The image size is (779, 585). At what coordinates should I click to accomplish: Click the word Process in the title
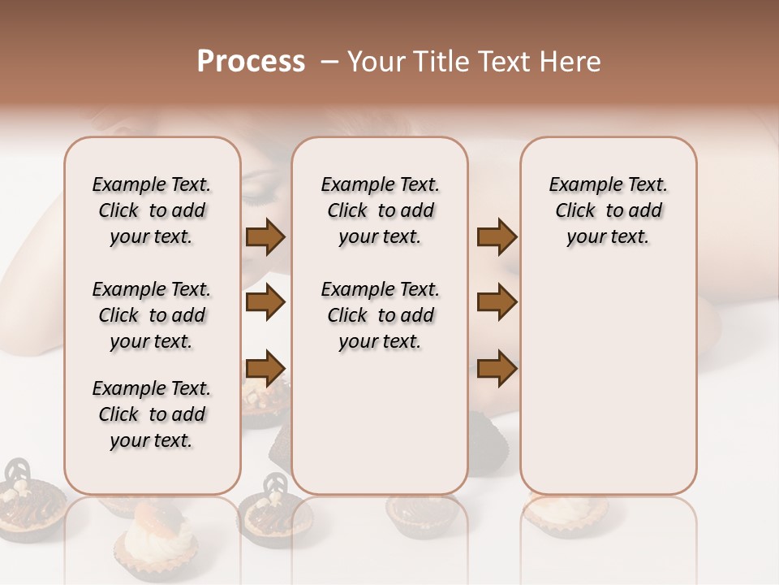(251, 62)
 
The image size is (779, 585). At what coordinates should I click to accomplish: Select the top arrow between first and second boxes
(265, 237)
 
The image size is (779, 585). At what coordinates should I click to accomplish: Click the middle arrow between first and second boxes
(265, 303)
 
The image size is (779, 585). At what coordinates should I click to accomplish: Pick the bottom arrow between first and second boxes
(265, 368)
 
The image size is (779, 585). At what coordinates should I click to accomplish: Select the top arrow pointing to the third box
(497, 237)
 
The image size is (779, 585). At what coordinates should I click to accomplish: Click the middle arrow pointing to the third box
(497, 303)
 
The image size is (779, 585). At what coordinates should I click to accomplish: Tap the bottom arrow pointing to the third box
(497, 368)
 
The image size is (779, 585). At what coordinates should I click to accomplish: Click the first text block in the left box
(152, 210)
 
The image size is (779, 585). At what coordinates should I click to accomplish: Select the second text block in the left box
(152, 315)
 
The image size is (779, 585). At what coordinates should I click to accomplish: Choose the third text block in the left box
(152, 414)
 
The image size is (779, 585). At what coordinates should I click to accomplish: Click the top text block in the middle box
(380, 210)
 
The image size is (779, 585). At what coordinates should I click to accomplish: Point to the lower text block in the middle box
(380, 315)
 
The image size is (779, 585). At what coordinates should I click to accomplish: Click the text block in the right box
(608, 210)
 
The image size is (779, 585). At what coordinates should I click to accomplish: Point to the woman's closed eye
(260, 195)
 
